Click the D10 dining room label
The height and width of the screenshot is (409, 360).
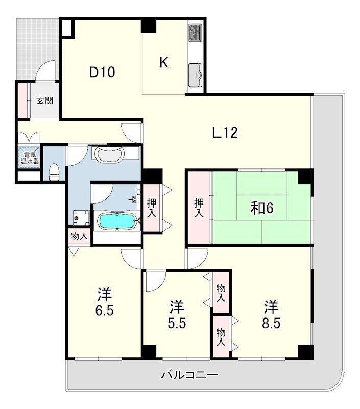coord(102,72)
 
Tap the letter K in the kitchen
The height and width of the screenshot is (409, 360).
coord(164,62)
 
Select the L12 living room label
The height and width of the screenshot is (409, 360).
coord(225,132)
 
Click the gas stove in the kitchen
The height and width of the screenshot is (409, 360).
coord(196,32)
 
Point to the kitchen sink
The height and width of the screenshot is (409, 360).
coord(196,75)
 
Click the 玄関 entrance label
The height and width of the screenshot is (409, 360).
coord(45,100)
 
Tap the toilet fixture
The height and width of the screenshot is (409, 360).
coord(55,172)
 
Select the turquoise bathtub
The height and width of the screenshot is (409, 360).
coord(117,221)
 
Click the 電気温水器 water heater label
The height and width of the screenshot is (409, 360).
coord(30,157)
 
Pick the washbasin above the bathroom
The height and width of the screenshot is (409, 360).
coord(109,155)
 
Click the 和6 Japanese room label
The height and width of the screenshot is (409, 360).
coord(262,208)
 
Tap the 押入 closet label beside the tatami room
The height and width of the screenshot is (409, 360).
coord(199,208)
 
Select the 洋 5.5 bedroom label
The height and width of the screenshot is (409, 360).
coord(177,314)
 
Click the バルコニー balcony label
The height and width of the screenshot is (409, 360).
coord(189,375)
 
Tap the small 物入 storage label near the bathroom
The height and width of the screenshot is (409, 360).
coord(79,237)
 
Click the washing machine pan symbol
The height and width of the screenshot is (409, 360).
coord(81,218)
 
